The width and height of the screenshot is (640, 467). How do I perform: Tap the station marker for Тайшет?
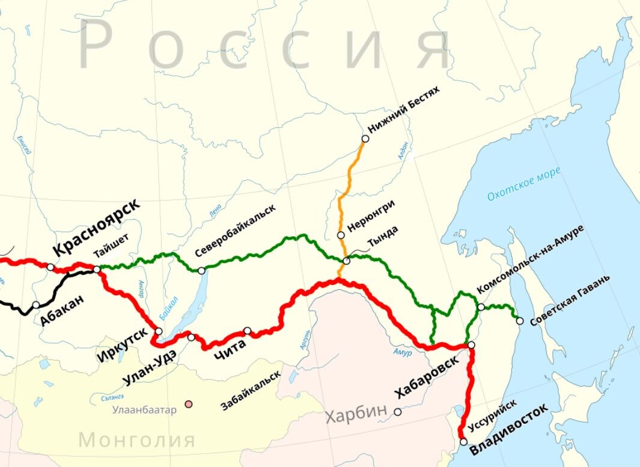(97, 270)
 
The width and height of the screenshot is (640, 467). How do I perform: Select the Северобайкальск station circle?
(201, 271)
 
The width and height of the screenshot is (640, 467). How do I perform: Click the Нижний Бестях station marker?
(365, 139)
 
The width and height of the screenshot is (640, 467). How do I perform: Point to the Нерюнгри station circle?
(341, 235)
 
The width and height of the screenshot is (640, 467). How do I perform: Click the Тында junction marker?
(347, 261)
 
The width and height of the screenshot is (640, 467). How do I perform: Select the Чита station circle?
(247, 331)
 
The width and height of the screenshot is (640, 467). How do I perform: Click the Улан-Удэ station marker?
(191, 337)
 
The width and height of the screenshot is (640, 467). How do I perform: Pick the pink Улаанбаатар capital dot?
(189, 405)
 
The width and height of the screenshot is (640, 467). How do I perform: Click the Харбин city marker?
(397, 412)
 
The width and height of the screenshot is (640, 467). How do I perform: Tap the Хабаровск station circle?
(472, 345)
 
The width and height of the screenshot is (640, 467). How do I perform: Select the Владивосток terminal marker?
(463, 442)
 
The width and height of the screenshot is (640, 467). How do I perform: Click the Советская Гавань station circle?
(519, 321)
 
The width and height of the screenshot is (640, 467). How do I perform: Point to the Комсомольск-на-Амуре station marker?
(481, 307)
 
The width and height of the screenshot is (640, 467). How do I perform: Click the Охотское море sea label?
(523, 183)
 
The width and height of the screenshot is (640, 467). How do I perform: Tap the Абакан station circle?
(36, 305)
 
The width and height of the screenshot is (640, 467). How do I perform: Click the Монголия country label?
(137, 440)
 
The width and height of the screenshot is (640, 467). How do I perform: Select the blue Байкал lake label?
(169, 308)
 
